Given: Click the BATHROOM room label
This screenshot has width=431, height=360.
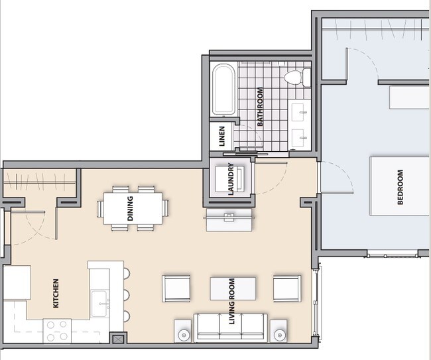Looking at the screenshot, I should coord(261,107).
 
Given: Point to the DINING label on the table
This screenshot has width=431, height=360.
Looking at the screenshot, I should coord(131,208).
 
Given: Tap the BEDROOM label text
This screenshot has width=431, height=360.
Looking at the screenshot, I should coord(400,188).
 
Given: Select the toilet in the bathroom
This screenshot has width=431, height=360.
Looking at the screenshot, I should coord(296,78).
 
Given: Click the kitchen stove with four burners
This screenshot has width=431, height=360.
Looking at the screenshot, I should coord(57,330).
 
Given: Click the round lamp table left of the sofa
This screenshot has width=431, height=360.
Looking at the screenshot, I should coord(183,332).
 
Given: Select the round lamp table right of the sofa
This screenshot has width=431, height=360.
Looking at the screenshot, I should coord(278,332).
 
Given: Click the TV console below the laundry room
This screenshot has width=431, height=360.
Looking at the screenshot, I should coord(229,220).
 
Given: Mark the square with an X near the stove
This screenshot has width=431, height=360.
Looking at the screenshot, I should coord(119,339).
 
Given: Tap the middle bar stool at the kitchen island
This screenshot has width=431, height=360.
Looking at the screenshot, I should coord(126,294).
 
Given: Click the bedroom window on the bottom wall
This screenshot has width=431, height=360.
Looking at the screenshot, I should coord(393,254).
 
